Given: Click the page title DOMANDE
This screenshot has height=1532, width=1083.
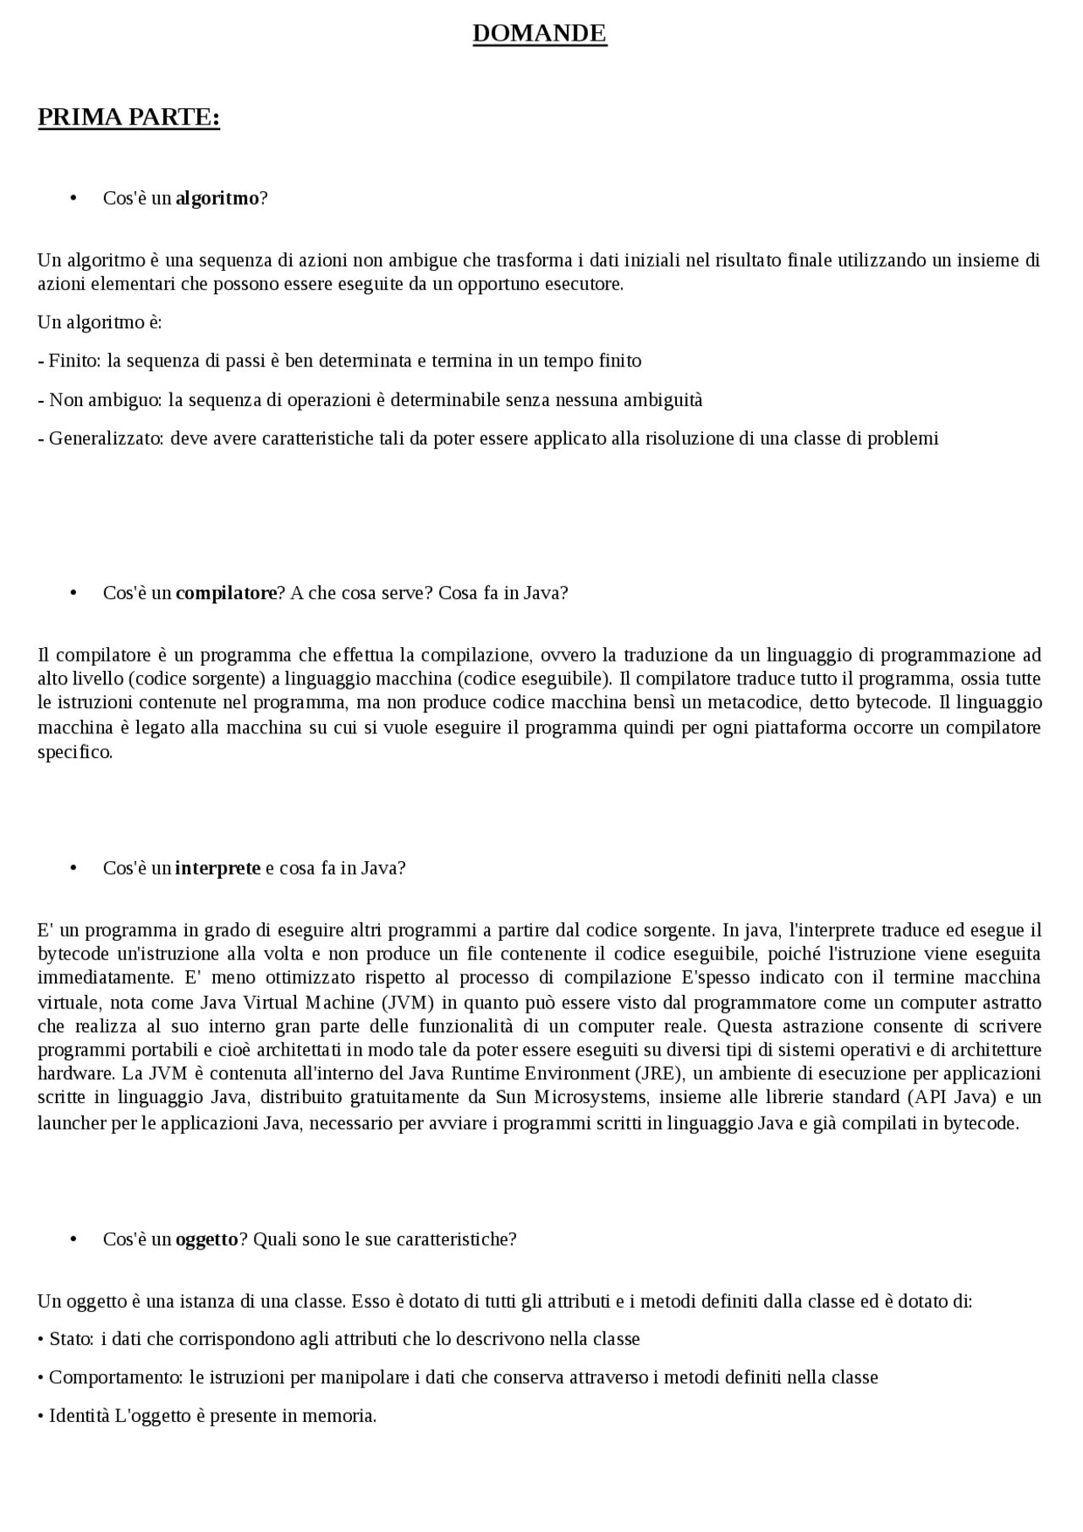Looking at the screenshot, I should tap(539, 34).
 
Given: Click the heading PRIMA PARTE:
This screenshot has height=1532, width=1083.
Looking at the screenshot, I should tap(129, 117).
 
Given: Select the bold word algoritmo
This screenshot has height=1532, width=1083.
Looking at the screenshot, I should tap(217, 198).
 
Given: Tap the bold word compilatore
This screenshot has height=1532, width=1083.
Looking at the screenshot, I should tap(226, 593).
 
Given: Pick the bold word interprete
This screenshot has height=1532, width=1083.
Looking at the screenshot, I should tap(217, 868).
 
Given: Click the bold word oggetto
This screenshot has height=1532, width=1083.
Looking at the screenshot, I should tap(207, 1239).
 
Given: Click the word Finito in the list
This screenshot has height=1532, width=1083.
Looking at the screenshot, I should tap(74, 361).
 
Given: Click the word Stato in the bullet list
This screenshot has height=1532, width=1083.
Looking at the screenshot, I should tap(70, 1339).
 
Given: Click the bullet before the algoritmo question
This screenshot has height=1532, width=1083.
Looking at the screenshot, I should tap(74, 198).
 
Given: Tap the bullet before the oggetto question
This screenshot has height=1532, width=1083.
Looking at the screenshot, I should tap(74, 1239).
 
